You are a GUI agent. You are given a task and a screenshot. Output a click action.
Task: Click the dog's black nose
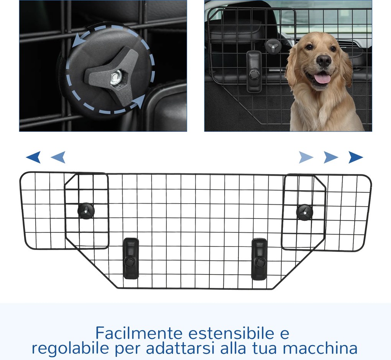[324, 61]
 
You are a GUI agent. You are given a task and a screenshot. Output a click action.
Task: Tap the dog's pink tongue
[322, 78]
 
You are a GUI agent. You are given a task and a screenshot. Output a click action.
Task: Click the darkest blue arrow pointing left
[33, 157]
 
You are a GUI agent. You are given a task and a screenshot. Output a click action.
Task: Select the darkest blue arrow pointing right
[356, 157]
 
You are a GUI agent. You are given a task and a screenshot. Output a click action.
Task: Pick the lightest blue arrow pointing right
[306, 157]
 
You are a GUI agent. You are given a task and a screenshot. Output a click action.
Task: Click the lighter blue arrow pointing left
[58, 157]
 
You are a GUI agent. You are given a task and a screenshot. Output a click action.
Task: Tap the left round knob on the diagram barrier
[86, 211]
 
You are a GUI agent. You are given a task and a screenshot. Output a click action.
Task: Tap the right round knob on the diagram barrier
[305, 212]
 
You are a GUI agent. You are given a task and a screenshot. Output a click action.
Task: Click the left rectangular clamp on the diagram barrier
[131, 258]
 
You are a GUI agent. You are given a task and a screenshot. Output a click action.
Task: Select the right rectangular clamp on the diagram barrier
[259, 260]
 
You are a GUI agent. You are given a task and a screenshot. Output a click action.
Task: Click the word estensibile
[239, 333]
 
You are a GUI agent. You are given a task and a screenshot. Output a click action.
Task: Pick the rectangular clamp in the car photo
[254, 71]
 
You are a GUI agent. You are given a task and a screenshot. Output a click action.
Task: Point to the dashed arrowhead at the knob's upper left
[79, 40]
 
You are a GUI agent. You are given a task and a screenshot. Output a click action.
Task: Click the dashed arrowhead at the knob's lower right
[138, 102]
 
